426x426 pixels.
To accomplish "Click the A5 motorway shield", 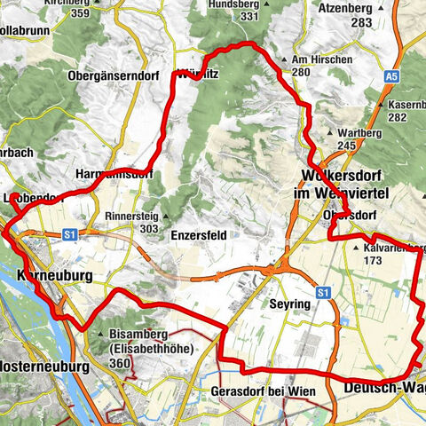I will point(391,79).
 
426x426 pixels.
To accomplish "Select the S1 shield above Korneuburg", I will point(71,234).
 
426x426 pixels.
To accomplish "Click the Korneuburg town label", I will point(54,276).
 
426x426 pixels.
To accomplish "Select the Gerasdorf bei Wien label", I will point(264,391).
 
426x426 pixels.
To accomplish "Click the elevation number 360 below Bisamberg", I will point(122,363).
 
